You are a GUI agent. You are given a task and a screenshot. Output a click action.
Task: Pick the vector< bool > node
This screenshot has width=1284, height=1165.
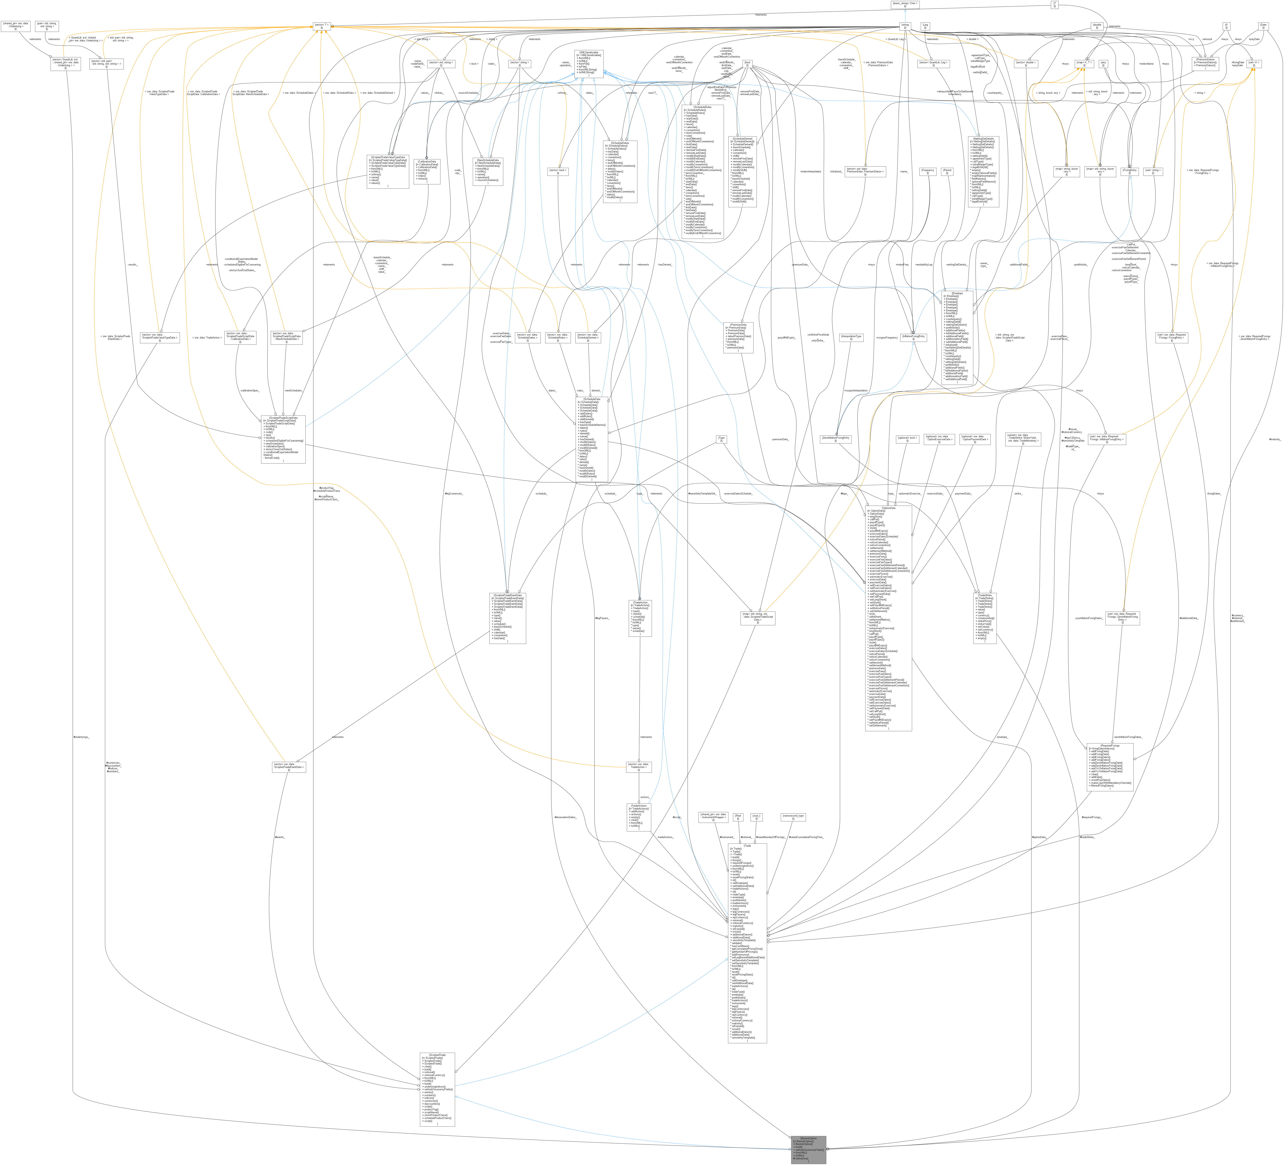[558, 171]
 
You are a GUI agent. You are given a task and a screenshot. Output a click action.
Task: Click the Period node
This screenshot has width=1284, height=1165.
[947, 171]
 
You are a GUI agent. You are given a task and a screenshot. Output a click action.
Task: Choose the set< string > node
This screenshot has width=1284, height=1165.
[1153, 171]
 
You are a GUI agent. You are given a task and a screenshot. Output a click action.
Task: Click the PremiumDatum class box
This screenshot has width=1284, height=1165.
[1206, 63]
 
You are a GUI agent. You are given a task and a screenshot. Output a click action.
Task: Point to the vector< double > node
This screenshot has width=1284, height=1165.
[1025, 63]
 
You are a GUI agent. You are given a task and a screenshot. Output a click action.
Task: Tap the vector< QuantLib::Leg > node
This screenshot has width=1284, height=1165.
[934, 63]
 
